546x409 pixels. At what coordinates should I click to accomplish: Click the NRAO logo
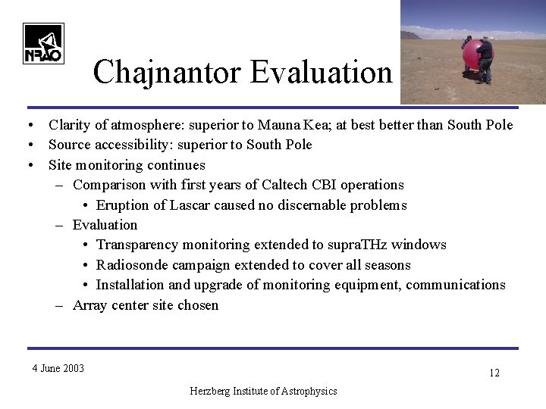(43, 43)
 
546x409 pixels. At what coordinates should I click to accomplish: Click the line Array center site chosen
(145, 305)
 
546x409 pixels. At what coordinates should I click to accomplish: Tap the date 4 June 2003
(58, 369)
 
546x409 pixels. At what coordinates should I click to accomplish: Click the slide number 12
(494, 373)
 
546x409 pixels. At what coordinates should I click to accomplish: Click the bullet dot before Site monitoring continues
(28, 165)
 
